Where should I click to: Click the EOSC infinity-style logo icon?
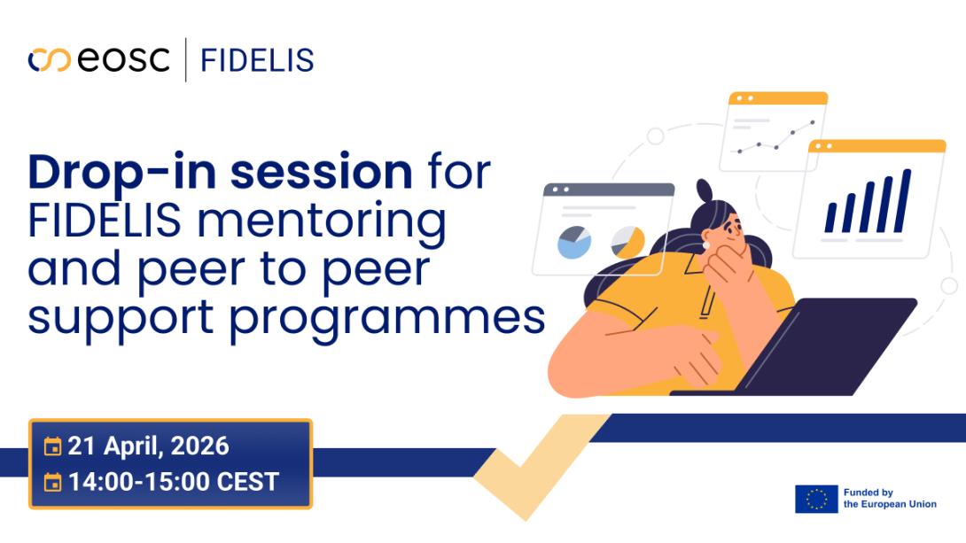pyautogui.click(x=49, y=60)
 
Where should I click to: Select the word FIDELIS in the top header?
pyautogui.click(x=257, y=60)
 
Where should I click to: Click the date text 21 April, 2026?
pyautogui.click(x=148, y=446)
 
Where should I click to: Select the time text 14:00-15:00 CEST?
pyautogui.click(x=173, y=482)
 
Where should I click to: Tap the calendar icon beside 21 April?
pyautogui.click(x=53, y=446)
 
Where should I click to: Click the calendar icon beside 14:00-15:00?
pyautogui.click(x=53, y=483)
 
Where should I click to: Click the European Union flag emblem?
pyautogui.click(x=815, y=499)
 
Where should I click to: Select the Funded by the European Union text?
pyautogui.click(x=889, y=499)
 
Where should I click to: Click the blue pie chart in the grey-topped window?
pyautogui.click(x=574, y=242)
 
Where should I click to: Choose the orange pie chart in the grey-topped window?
pyautogui.click(x=628, y=241)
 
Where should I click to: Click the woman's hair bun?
pyautogui.click(x=704, y=190)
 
